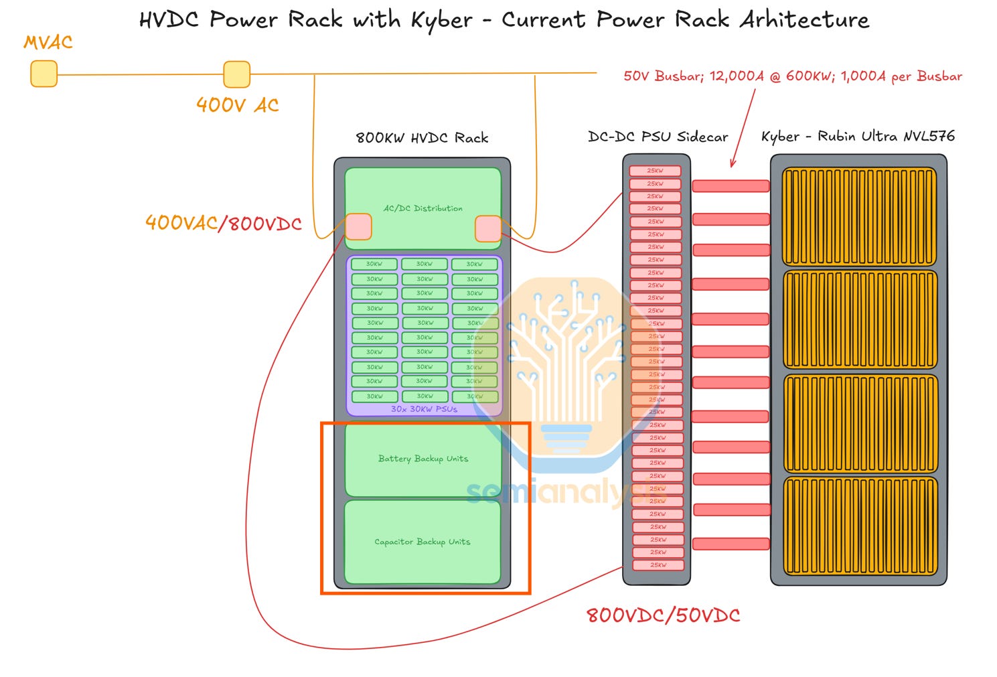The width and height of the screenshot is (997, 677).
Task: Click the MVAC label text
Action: tap(48, 42)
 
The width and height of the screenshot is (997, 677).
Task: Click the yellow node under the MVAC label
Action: tap(44, 74)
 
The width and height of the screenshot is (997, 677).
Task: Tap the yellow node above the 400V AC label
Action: tap(236, 74)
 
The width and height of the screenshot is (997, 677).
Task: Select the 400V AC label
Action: tap(237, 105)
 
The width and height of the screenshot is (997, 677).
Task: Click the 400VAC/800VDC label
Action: tap(223, 223)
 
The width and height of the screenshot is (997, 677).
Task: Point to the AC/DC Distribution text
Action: tap(423, 208)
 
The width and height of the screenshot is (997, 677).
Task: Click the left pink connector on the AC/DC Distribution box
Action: tap(358, 227)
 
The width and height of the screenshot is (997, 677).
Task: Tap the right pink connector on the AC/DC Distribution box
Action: tap(487, 229)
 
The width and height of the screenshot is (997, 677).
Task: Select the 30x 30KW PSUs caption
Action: tap(424, 408)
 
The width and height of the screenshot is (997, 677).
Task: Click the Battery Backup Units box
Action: tap(423, 459)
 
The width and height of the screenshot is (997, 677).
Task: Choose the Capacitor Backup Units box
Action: tap(422, 542)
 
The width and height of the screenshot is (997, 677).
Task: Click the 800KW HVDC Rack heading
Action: tap(422, 138)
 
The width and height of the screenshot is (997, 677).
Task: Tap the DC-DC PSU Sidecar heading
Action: tap(658, 137)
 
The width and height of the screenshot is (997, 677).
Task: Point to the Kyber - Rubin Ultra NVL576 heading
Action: tap(858, 137)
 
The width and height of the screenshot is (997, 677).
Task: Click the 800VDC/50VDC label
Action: tap(663, 615)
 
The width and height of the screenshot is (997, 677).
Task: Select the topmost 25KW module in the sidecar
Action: tap(655, 171)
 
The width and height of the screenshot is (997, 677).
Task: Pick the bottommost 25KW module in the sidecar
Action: tap(658, 565)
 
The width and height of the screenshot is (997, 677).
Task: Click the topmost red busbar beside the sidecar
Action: tap(731, 186)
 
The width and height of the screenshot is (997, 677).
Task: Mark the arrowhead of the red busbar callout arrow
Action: tap(733, 164)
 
